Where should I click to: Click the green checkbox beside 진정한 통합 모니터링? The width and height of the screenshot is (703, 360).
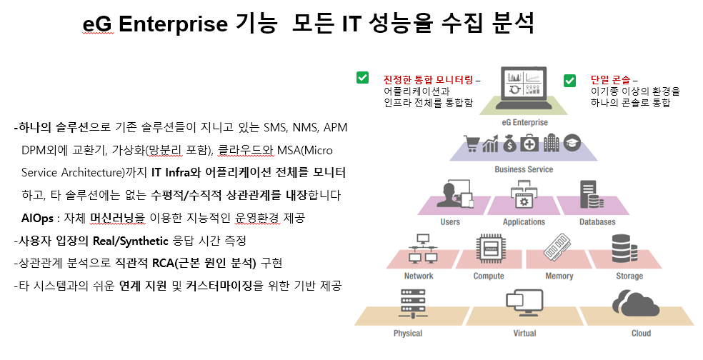(363, 78)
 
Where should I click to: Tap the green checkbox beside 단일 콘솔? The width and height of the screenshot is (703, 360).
(569, 80)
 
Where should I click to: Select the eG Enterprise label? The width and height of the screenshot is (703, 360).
(524, 122)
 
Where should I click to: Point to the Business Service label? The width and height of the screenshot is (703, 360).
(524, 169)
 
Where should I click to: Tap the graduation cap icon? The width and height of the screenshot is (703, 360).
(575, 144)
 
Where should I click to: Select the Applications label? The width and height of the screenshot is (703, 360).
(524, 222)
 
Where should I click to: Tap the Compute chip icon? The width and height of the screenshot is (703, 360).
(489, 249)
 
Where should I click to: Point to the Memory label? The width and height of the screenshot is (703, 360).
(559, 276)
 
